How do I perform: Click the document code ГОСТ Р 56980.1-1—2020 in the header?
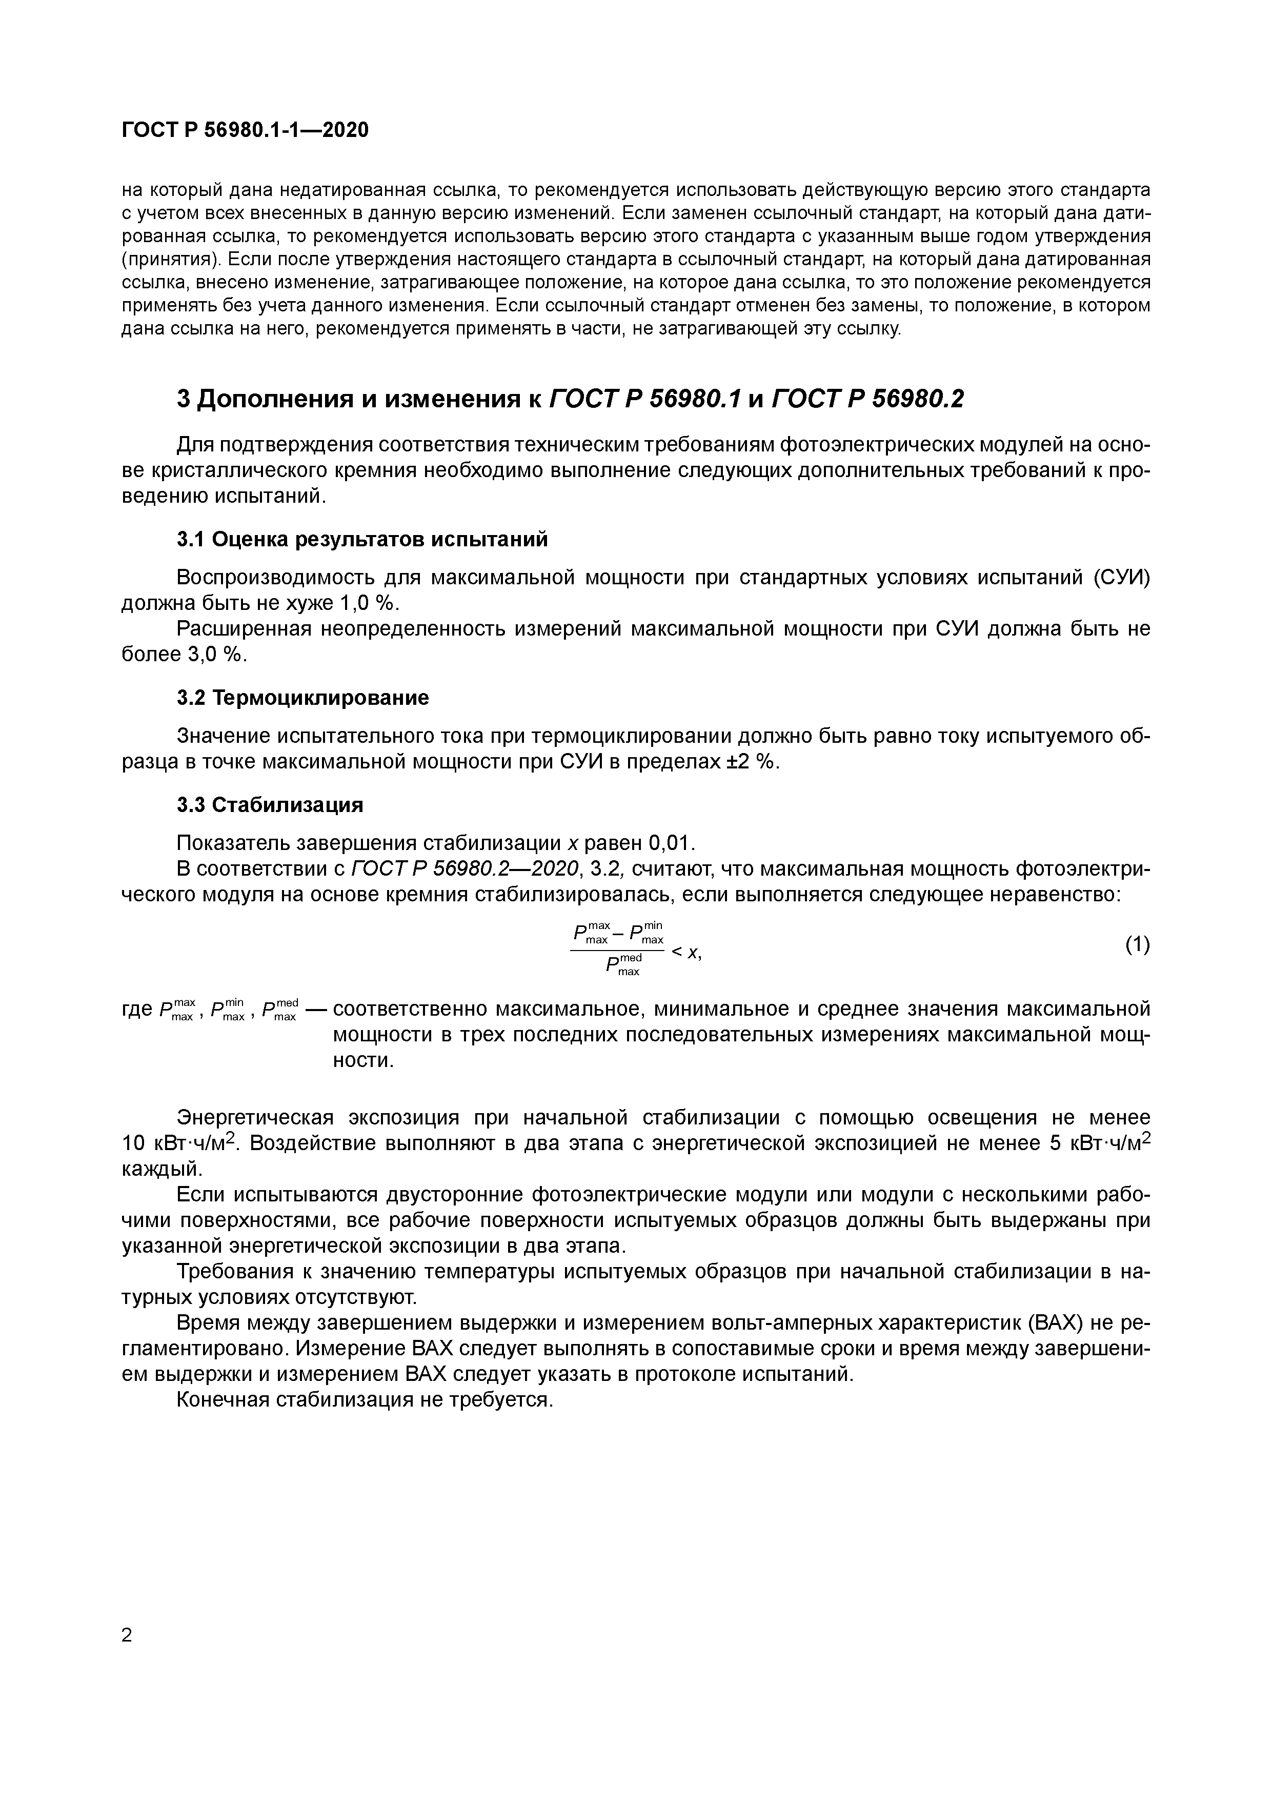[245, 130]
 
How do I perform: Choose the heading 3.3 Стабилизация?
[270, 805]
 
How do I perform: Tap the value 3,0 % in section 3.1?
[216, 654]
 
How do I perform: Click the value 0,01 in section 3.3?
[671, 843]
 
